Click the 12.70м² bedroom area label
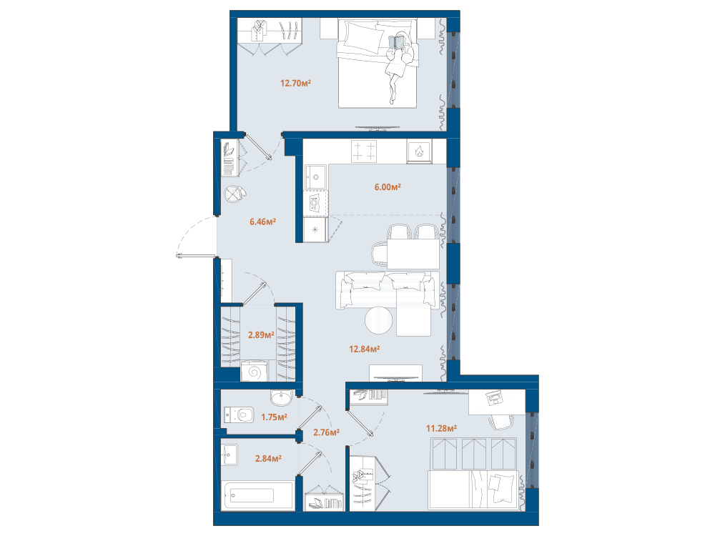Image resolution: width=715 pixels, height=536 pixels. click(x=295, y=83)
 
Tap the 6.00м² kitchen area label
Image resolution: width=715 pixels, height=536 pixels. click(x=388, y=187)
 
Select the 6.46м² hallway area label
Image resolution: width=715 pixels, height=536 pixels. click(x=262, y=222)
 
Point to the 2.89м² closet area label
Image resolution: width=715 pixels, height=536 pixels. click(x=261, y=335)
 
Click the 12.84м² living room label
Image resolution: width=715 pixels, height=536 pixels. click(x=365, y=349)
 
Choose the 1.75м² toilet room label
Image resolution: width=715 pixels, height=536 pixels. click(x=274, y=417)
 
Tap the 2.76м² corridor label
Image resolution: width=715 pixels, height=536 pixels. click(x=327, y=432)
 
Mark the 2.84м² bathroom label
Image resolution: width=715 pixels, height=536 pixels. click(x=268, y=459)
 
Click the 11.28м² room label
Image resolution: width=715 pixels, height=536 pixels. click(x=441, y=428)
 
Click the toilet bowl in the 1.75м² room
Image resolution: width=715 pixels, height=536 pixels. click(x=240, y=415)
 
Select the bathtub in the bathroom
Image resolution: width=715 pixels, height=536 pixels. click(x=257, y=495)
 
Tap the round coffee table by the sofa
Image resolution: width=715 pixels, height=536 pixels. click(x=378, y=320)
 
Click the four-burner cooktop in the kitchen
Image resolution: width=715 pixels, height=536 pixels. click(x=364, y=152)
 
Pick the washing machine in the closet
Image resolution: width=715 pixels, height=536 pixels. click(x=255, y=371)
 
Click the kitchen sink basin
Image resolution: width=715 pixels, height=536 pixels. click(x=315, y=177)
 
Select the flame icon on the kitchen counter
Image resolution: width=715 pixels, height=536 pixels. click(x=419, y=150)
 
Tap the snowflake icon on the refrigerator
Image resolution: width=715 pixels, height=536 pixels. click(x=315, y=229)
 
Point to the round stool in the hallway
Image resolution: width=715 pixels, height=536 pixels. click(x=234, y=194)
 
